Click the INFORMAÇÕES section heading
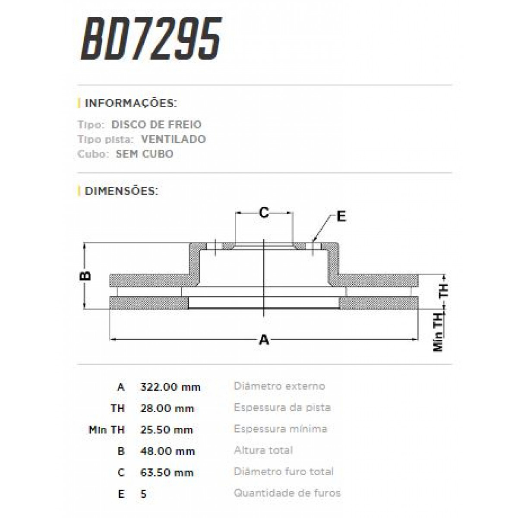pyautogui.click(x=131, y=104)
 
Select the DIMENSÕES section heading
pyautogui.click(x=122, y=190)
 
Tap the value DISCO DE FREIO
pyautogui.click(x=156, y=125)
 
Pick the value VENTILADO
pyautogui.click(x=173, y=139)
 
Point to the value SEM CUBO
pyautogui.click(x=145, y=154)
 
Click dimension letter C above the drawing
pyautogui.click(x=264, y=212)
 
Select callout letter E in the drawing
pyautogui.click(x=341, y=216)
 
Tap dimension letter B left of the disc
pyautogui.click(x=86, y=275)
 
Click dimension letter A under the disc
pyautogui.click(x=264, y=340)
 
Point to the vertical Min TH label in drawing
pyautogui.click(x=439, y=332)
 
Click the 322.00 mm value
pyautogui.click(x=171, y=387)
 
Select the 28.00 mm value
pyautogui.click(x=167, y=408)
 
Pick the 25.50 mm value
pyautogui.click(x=167, y=430)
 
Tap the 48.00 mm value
pyautogui.click(x=167, y=452)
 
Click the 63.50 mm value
pyautogui.click(x=167, y=473)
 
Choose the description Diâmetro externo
pyautogui.click(x=279, y=386)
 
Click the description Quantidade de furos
pyautogui.click(x=287, y=493)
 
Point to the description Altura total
pyautogui.click(x=263, y=451)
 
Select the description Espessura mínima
pyautogui.click(x=281, y=429)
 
